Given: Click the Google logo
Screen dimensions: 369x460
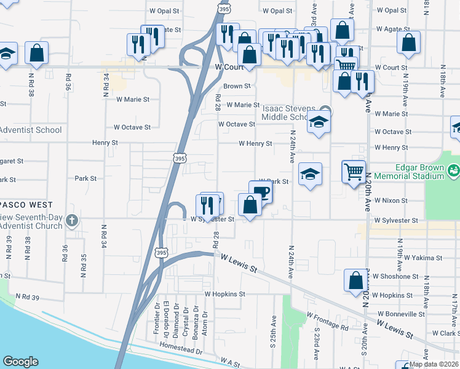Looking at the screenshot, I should pos(20,362).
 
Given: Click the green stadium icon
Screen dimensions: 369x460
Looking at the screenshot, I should pos(454,169).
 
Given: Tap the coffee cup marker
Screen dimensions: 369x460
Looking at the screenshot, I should pos(260,191).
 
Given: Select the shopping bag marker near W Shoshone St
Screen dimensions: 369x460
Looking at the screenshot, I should pos(355,280).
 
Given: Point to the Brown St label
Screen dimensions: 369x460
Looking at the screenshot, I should pos(237,87).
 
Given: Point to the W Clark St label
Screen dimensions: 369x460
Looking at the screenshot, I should pos(446,333).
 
